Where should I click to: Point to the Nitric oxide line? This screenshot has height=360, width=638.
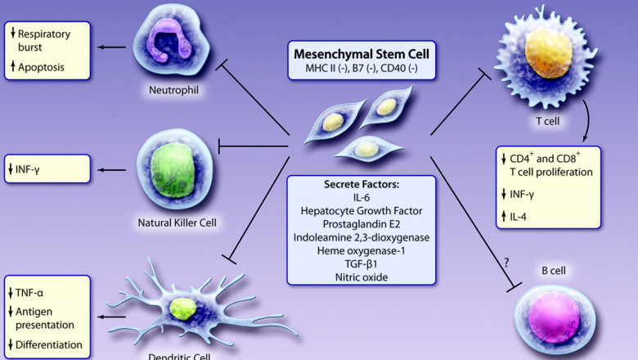tap(361, 276)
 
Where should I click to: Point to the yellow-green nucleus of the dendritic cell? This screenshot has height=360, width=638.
tap(183, 308)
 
